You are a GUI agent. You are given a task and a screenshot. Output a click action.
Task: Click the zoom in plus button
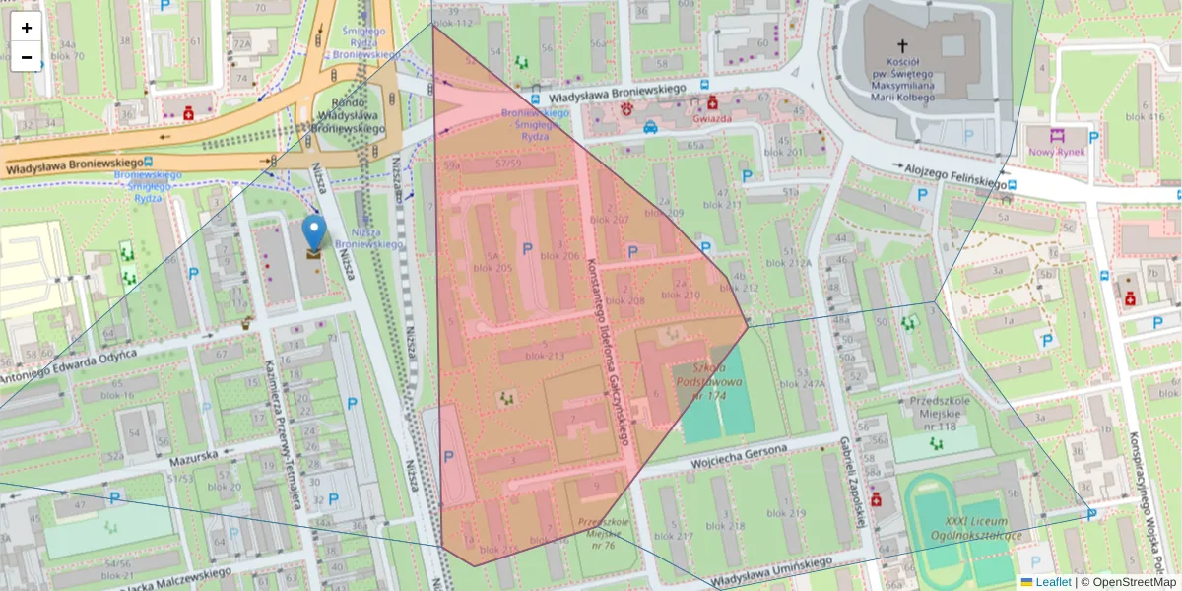click(27, 28)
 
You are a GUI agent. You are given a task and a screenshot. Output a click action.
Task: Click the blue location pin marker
click(314, 233)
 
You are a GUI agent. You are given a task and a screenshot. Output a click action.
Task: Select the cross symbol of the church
click(901, 45)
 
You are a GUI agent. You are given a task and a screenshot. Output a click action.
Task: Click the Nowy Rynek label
click(1056, 153)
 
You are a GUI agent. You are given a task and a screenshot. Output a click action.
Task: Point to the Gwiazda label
click(712, 118)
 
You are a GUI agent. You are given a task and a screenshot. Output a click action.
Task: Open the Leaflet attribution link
click(1052, 582)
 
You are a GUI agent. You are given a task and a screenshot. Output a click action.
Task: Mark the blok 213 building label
click(546, 356)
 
